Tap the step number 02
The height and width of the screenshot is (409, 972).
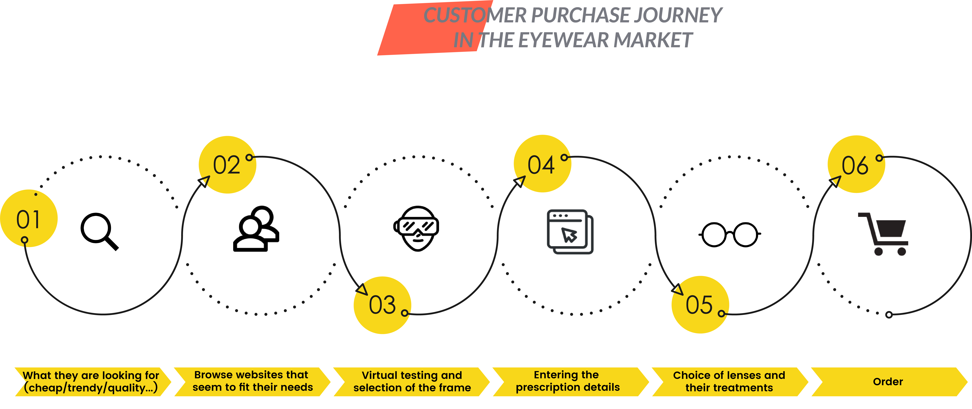point(226,165)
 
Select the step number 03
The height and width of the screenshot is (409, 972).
point(382,305)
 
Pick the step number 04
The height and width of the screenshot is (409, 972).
point(541,165)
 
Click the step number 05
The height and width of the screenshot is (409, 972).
point(699,305)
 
